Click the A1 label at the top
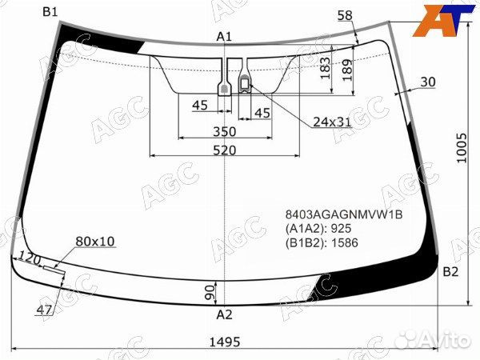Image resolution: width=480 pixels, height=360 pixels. click(224, 37)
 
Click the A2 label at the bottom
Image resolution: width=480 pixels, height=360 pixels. click(224, 314)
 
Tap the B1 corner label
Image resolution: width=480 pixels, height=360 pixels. click(50, 11)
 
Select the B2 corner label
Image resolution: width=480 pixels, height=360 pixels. click(451, 272)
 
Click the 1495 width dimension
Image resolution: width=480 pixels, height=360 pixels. click(225, 342)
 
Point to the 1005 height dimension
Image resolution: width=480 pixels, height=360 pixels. click(462, 158)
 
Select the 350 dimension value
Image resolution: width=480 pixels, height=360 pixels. click(224, 132)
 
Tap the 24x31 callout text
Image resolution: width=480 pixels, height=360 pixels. click(332, 122)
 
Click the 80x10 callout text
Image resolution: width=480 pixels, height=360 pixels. click(95, 241)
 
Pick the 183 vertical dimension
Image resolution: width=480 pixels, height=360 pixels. click(324, 70)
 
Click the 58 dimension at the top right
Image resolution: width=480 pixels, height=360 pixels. click(345, 15)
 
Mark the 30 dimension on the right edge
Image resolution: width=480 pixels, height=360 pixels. click(427, 82)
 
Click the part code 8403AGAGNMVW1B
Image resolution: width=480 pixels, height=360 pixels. click(344, 215)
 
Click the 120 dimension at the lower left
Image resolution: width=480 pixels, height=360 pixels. click(30, 258)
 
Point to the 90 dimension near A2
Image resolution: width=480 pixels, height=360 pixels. click(210, 290)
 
